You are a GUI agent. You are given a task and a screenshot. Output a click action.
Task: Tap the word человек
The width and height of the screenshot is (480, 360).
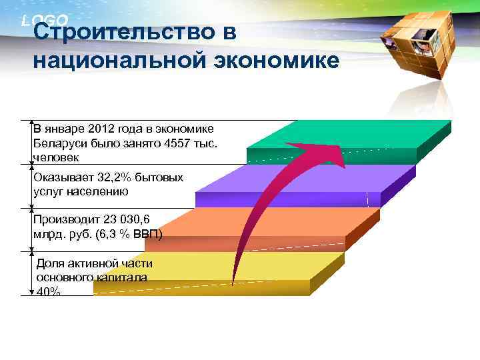pos(56,157)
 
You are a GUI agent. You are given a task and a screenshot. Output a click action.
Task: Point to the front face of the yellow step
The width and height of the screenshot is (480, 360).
pos(200,287)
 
